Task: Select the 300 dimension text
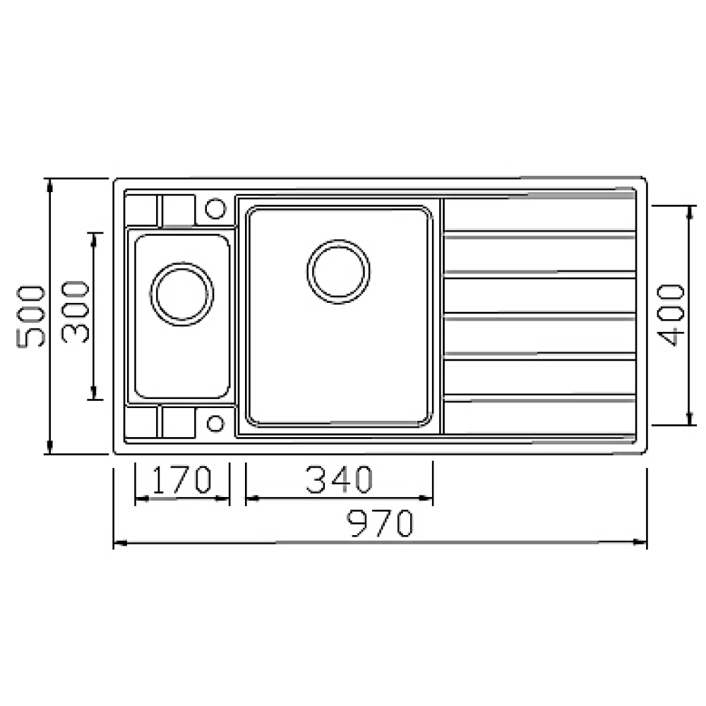[x=76, y=312]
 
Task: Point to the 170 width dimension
[x=182, y=480]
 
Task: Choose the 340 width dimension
[x=338, y=480]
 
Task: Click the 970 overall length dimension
[x=381, y=525]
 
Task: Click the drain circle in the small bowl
[x=182, y=294]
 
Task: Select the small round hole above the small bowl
[x=215, y=209]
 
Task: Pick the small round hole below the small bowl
[x=215, y=423]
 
